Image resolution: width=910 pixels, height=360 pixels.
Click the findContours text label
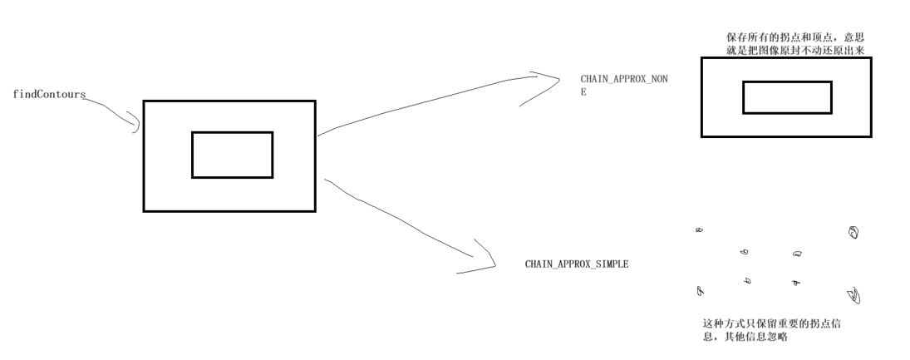pyautogui.click(x=49, y=94)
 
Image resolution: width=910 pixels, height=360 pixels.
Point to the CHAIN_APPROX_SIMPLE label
pyautogui.click(x=576, y=263)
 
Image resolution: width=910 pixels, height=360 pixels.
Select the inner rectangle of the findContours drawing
pyautogui.click(x=232, y=155)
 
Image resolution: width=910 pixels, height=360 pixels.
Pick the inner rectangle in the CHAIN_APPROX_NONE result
pyautogui.click(x=786, y=97)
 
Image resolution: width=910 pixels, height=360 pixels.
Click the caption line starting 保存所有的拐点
pyautogui.click(x=799, y=37)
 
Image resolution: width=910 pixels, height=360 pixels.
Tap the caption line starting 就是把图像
pyautogui.click(x=799, y=50)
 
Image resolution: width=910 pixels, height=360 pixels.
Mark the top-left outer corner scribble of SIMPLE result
pyautogui.click(x=698, y=229)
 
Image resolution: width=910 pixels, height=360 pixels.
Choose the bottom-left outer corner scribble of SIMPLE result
pyautogui.click(x=699, y=291)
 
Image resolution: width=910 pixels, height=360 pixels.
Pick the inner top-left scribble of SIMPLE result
pyautogui.click(x=745, y=251)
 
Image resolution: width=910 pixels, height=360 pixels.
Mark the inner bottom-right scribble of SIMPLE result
pyautogui.click(x=795, y=283)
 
